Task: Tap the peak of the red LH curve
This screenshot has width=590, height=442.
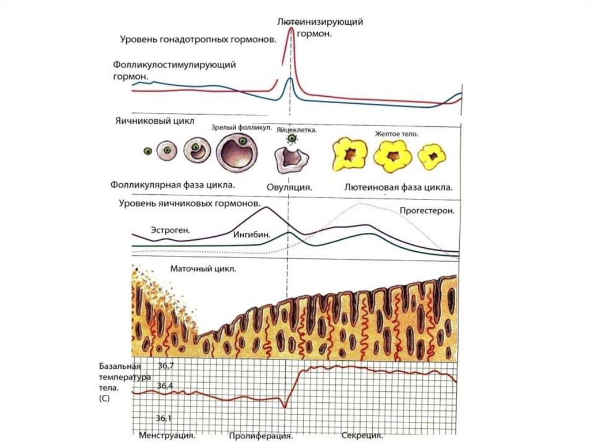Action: pos(292,28)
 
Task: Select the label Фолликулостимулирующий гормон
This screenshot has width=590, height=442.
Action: pos(174,70)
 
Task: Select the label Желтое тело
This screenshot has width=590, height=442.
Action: pos(396,134)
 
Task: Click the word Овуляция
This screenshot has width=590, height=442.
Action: pos(289,187)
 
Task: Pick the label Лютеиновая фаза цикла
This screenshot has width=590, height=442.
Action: pos(398,187)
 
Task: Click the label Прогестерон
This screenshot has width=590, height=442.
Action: pos(428,211)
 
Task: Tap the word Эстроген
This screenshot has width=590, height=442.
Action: pos(171,230)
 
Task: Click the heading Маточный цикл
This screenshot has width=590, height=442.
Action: pos(203,269)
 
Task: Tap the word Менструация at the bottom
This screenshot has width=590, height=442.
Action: pos(167,436)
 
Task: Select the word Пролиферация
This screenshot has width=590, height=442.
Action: pos(258,436)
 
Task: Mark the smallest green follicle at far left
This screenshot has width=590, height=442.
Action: pos(147,151)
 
